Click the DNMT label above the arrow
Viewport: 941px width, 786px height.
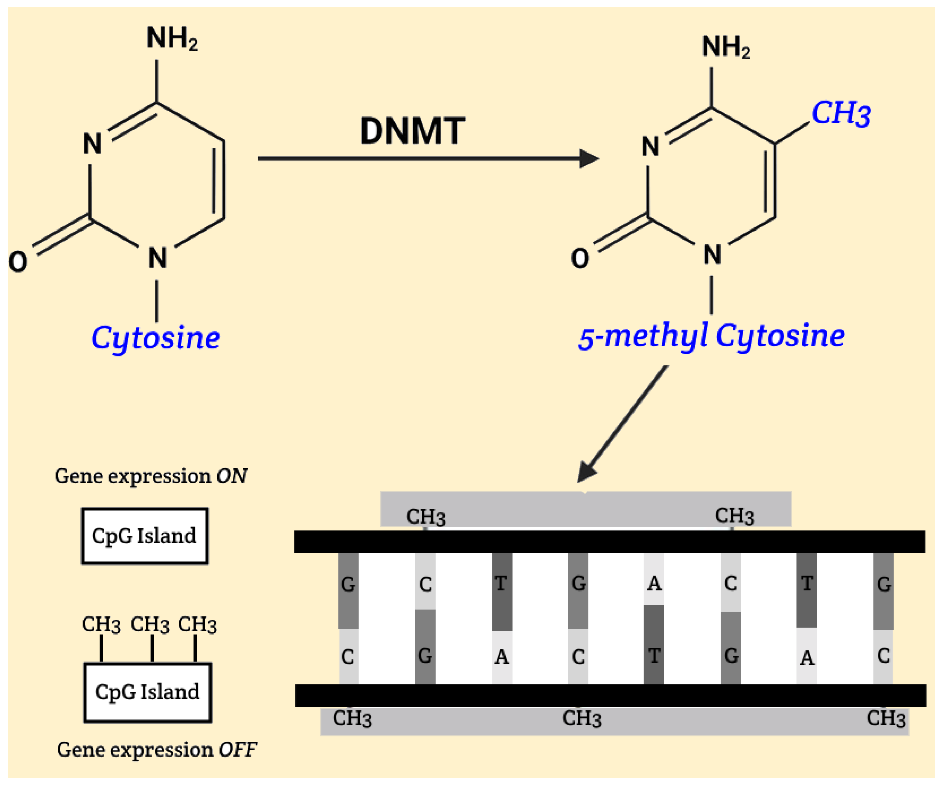pos(412,131)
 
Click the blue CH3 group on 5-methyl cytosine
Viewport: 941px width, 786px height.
pos(841,113)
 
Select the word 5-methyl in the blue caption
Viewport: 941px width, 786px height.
pos(643,336)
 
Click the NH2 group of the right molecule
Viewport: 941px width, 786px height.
pos(725,47)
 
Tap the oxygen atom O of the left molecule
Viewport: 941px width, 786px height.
pos(18,262)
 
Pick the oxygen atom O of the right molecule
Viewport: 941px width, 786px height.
pos(580,258)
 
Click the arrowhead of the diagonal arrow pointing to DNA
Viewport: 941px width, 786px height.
pos(586,473)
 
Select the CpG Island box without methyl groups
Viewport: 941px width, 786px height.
pos(144,535)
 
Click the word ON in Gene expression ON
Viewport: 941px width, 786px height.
pos(232,476)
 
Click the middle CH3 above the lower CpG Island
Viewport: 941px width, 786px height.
pos(150,625)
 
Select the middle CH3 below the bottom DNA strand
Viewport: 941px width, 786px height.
pos(581,719)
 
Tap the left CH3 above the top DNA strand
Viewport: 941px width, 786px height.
pos(425,517)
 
